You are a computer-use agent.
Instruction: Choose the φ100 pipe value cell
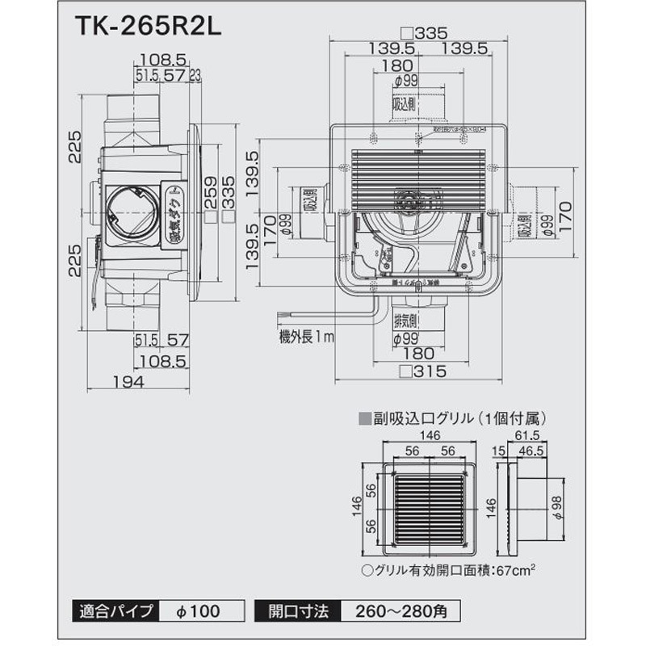pyautogui.click(x=199, y=610)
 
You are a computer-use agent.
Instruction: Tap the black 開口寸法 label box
pyautogui.click(x=298, y=610)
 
